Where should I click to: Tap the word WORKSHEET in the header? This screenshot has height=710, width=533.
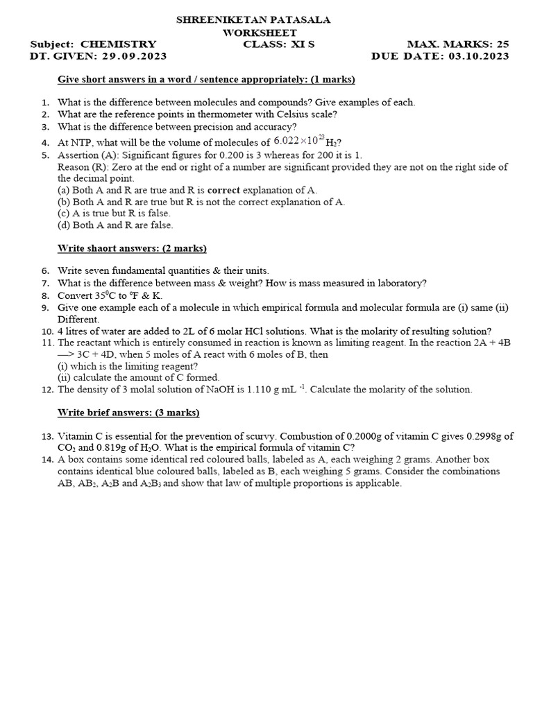coord(260,33)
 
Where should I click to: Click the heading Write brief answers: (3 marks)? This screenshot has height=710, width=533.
coord(128,413)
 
